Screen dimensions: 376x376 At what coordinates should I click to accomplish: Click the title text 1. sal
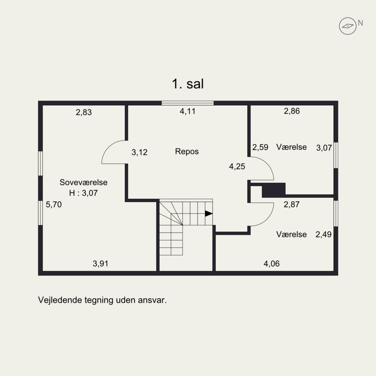188,84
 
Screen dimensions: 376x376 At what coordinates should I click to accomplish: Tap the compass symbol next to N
348,26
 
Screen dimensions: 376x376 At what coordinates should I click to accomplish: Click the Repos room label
187,151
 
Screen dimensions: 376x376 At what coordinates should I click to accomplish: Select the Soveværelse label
84,182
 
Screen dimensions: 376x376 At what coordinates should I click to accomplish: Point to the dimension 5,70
54,204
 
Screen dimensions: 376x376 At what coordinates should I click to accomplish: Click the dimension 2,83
84,112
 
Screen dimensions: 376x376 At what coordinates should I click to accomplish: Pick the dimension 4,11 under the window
188,111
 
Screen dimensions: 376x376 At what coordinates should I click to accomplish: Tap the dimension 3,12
140,152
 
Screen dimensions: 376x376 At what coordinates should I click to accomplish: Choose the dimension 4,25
237,166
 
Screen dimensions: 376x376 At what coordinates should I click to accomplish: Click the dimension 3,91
101,264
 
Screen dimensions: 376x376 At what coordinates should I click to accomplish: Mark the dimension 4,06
272,264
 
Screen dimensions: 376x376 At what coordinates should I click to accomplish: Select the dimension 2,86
292,111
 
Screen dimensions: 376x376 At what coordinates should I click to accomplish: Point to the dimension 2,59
260,147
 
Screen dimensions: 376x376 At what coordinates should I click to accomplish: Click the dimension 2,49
323,234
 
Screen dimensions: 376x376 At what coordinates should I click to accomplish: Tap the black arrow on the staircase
209,213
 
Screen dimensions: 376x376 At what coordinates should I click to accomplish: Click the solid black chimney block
274,190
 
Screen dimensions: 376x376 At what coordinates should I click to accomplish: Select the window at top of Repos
188,103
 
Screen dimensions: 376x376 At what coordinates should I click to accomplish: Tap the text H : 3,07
84,193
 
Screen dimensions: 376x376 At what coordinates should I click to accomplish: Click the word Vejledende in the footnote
60,300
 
